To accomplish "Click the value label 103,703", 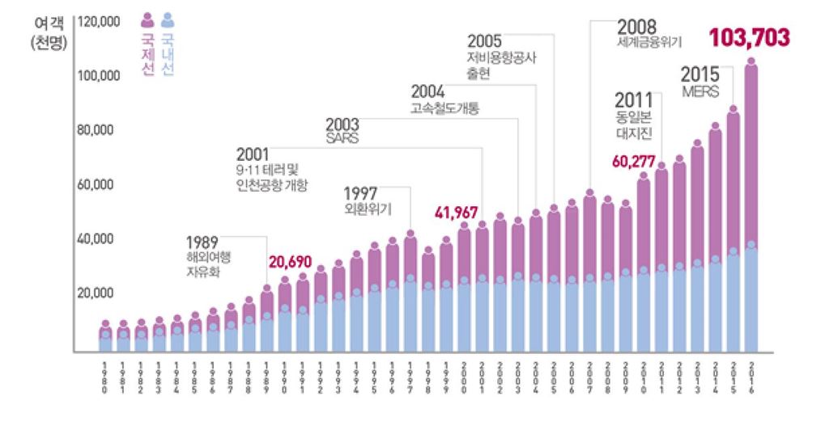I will (749, 38).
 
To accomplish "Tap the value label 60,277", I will (634, 161).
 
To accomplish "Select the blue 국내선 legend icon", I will (168, 19).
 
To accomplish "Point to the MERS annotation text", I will (700, 92).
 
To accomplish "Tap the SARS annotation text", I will (342, 138).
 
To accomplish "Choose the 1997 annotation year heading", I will (362, 193).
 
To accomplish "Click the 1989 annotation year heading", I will (202, 242).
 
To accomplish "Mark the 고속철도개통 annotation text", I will (444, 108).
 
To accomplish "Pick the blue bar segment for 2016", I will (751, 299).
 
